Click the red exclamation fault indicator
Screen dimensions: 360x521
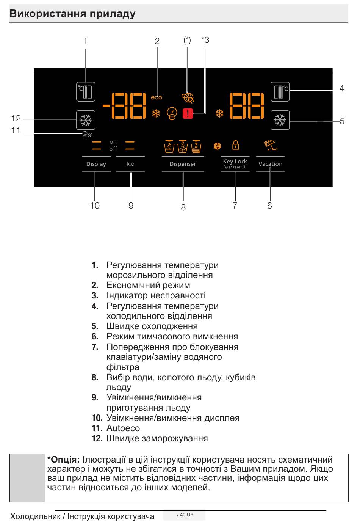pyautogui.click(x=188, y=114)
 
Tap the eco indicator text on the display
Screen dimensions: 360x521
pyautogui.click(x=156, y=97)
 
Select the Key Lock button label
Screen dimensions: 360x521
pyautogui.click(x=235, y=162)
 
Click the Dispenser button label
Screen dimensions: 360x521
pyautogui.click(x=183, y=164)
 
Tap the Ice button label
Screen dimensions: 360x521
pyautogui.click(x=130, y=164)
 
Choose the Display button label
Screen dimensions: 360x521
pyautogui.click(x=96, y=164)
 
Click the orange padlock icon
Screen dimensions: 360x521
pyautogui.click(x=235, y=145)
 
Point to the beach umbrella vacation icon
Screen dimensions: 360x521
pyautogui.click(x=270, y=145)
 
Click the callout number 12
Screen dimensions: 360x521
pyautogui.click(x=16, y=118)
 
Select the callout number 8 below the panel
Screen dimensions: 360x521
pyautogui.click(x=183, y=207)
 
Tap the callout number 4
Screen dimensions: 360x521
pyautogui.click(x=341, y=88)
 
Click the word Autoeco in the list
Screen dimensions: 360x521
pyautogui.click(x=123, y=428)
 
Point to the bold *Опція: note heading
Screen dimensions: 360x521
pyautogui.click(x=63, y=460)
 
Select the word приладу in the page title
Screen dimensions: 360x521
pyautogui.click(x=113, y=14)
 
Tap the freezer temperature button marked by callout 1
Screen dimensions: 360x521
pyautogui.click(x=86, y=92)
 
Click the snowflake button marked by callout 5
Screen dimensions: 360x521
pyautogui.click(x=280, y=120)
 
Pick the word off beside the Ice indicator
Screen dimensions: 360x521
pyautogui.click(x=113, y=149)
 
